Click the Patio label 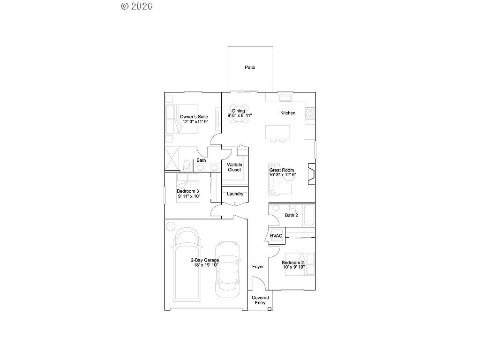point(250,67)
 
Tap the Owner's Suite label point(194,116)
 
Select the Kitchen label point(288,113)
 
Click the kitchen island point(277,132)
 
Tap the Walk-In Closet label point(234,167)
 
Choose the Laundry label point(235,194)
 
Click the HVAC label point(277,236)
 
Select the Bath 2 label point(291,216)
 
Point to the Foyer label point(258,267)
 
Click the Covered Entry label point(260,300)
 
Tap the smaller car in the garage point(227,269)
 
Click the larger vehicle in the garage point(187,265)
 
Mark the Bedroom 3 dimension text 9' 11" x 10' point(188,196)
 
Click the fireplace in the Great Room point(311,173)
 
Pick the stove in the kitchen point(309,113)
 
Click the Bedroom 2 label point(293,263)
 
